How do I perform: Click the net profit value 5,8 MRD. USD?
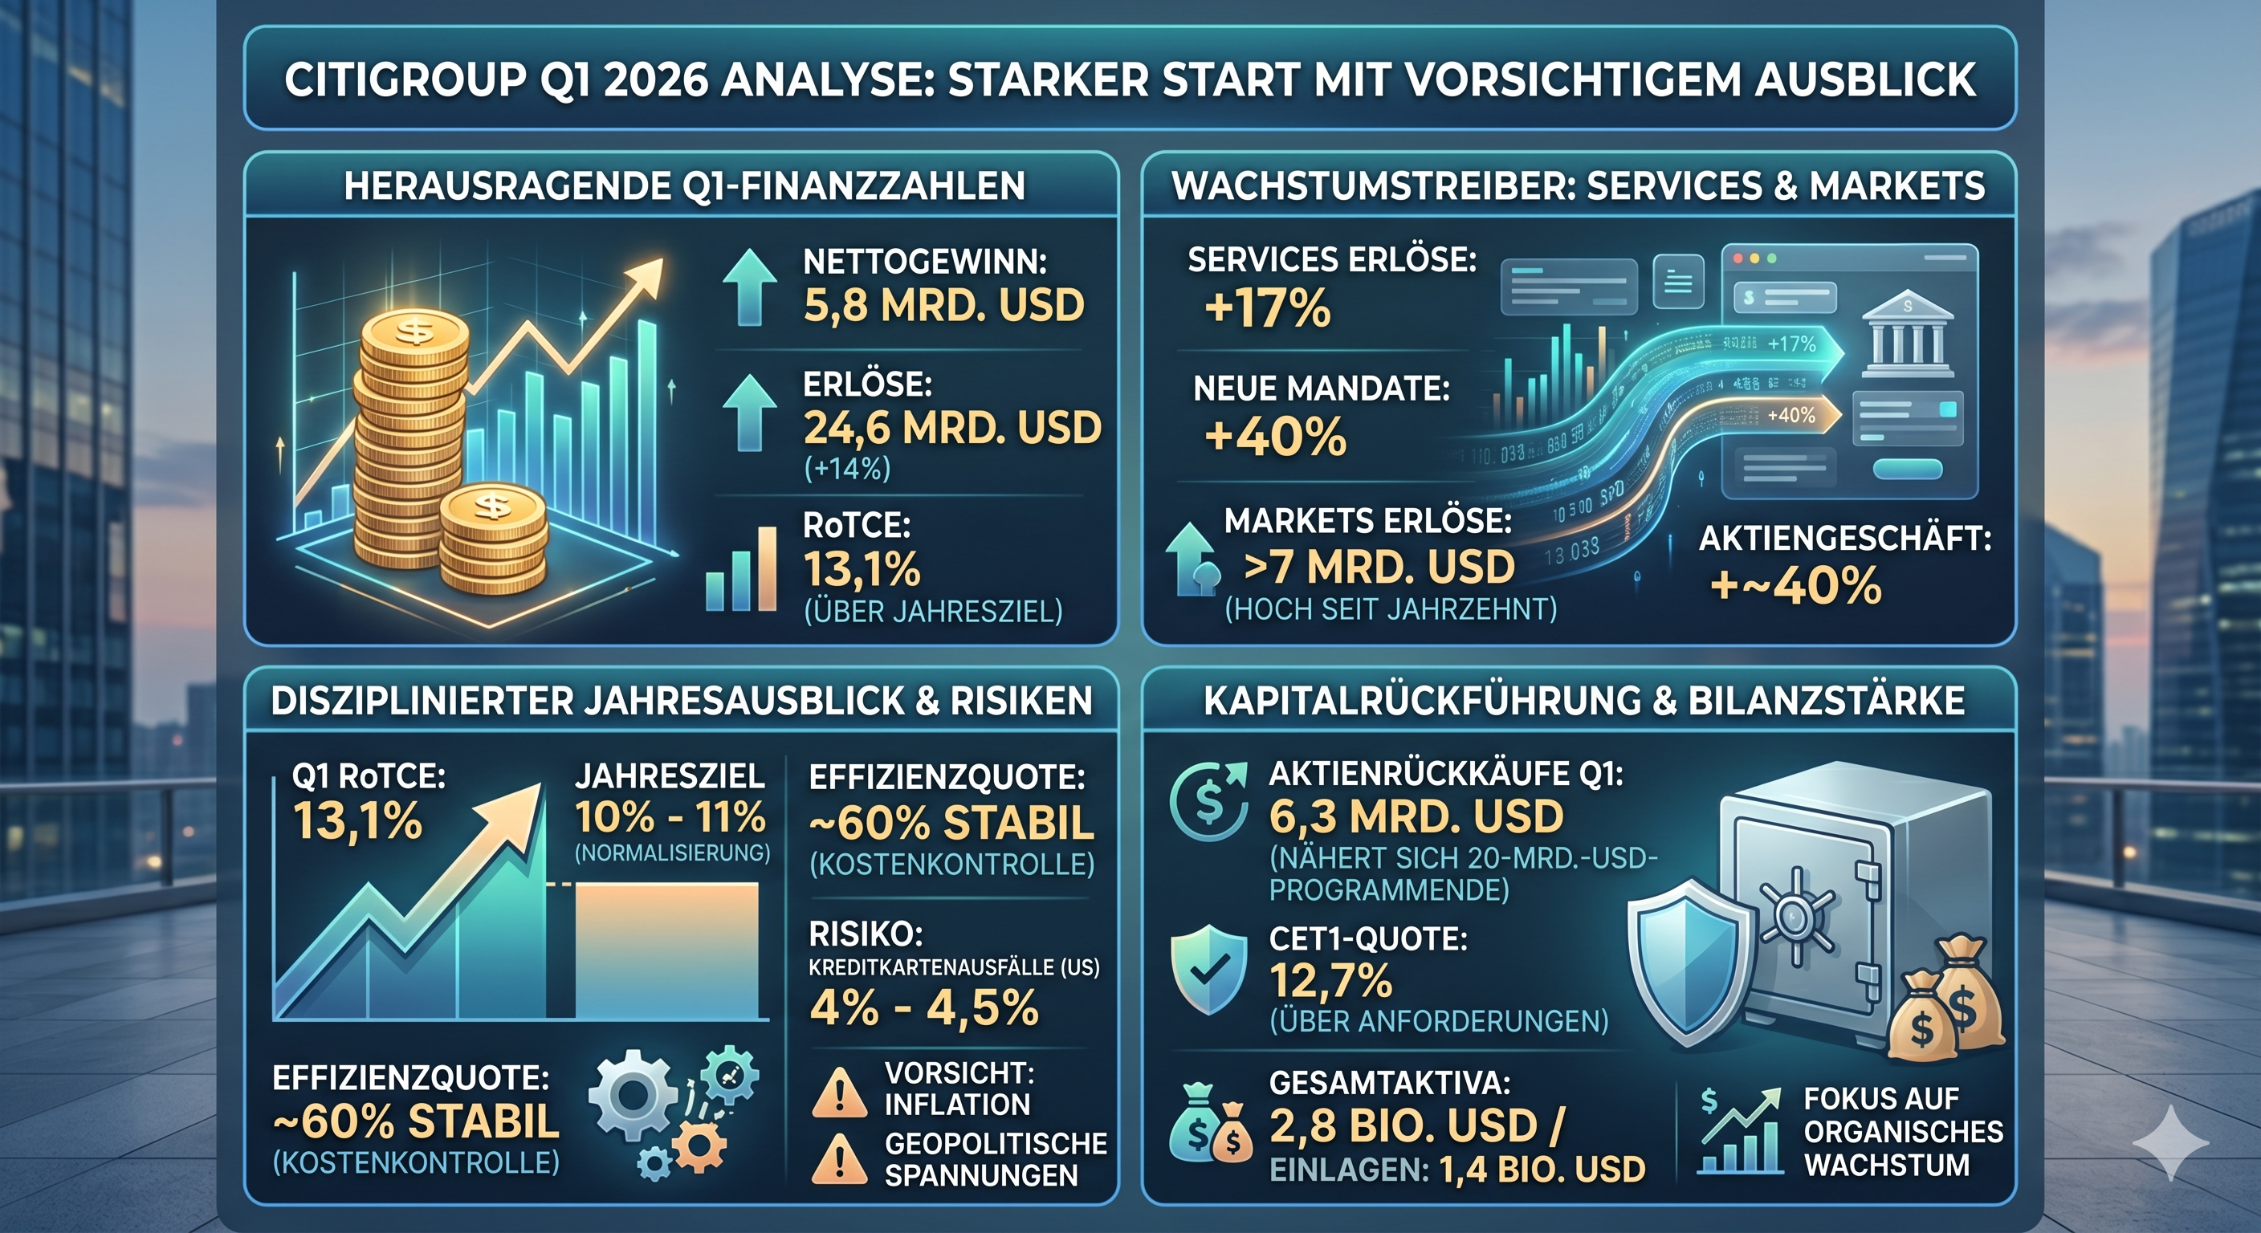943,305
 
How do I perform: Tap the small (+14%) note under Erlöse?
847,469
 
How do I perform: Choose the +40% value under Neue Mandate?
1275,437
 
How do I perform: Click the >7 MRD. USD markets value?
1379,567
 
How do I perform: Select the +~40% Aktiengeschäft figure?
1796,585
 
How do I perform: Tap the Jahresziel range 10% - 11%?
670,818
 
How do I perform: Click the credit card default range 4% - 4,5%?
924,1007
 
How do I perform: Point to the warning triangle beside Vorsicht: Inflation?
840,1093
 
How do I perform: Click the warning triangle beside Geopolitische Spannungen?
840,1159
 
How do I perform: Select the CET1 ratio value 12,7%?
1330,980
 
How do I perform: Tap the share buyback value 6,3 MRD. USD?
1416,817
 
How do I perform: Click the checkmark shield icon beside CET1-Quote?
1208,969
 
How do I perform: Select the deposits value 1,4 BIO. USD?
1542,1170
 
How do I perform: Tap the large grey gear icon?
633,1097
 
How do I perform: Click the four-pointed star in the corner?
2169,1142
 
